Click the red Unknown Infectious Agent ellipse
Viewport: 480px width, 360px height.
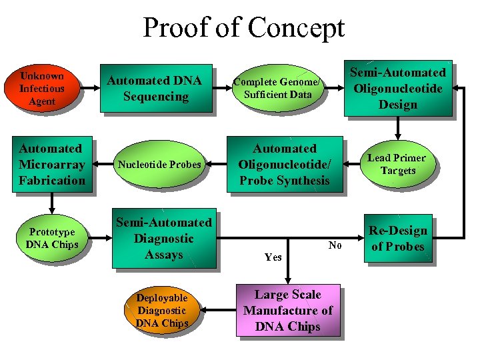42,89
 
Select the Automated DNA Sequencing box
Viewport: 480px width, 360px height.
155,89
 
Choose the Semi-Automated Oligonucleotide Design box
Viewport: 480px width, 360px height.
397,89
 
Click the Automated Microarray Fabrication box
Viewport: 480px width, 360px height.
51,165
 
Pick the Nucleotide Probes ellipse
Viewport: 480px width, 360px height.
159,165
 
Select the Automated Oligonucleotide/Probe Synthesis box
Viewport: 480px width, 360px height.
284,165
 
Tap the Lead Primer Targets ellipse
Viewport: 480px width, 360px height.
396,165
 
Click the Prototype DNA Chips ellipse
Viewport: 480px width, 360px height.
52,239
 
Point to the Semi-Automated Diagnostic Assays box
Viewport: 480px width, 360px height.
164,239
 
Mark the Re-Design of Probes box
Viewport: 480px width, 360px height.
397,239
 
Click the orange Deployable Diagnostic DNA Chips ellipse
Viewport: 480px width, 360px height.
161,311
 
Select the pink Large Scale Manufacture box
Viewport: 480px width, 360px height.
287,311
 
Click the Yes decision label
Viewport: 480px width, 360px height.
273,257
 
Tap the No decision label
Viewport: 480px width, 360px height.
335,246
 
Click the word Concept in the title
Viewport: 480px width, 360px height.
296,28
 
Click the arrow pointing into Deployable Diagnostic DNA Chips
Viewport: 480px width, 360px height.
217,311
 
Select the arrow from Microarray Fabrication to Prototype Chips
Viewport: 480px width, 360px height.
51,203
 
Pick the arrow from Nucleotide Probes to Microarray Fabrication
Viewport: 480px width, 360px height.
103,165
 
